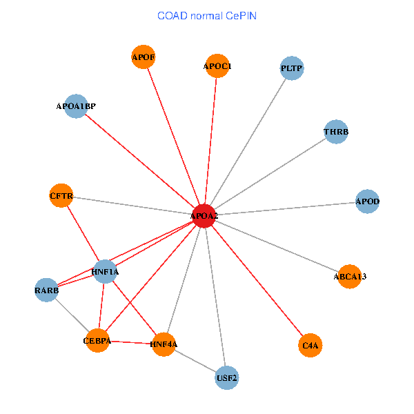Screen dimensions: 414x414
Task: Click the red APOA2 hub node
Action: tap(204, 216)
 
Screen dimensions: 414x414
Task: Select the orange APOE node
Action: tap(143, 57)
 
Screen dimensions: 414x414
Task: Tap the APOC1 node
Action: tap(217, 66)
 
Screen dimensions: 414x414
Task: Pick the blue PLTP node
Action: tap(292, 68)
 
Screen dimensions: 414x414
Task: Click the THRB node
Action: tap(336, 132)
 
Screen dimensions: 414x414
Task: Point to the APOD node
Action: tap(367, 201)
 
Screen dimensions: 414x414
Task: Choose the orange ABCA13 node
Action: tap(350, 276)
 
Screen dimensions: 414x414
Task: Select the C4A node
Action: tap(310, 344)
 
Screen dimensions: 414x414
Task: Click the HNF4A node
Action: tap(164, 344)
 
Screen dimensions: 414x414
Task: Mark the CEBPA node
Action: tap(97, 340)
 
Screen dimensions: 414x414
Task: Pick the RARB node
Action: tap(47, 290)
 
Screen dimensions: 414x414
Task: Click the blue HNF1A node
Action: tap(105, 272)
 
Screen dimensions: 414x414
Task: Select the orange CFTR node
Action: tap(61, 196)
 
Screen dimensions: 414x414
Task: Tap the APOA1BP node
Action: tap(76, 106)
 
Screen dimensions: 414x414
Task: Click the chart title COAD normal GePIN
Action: tap(207, 15)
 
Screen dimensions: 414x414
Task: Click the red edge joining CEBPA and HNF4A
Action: tap(130, 342)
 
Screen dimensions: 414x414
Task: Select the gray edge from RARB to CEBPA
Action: tap(72, 315)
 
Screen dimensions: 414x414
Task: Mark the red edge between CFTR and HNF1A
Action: tap(83, 233)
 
